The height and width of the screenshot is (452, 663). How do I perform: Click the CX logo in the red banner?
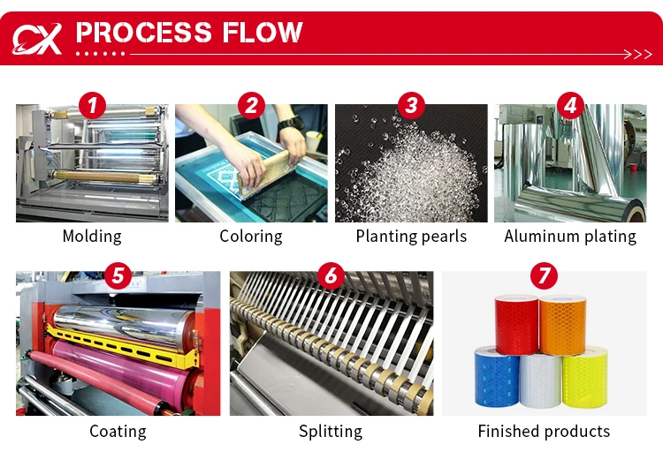click(36, 37)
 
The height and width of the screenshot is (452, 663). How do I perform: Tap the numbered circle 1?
click(92, 107)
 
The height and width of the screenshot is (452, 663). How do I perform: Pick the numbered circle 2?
click(251, 107)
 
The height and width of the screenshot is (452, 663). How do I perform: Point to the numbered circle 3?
click(410, 107)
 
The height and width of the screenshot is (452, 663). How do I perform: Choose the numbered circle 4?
click(570, 107)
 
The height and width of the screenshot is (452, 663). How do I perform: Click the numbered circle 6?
click(331, 275)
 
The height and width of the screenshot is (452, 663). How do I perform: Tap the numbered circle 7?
click(544, 275)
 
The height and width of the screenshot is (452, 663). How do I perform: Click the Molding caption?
click(92, 237)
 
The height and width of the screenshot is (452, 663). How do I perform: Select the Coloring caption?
click(251, 237)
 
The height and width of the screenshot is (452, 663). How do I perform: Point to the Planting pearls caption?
click(411, 237)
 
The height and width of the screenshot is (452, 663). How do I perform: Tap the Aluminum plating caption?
click(570, 237)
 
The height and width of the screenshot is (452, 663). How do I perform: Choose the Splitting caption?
click(331, 432)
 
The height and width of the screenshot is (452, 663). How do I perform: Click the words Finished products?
click(544, 432)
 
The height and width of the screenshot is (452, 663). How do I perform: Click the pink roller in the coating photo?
click(115, 371)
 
